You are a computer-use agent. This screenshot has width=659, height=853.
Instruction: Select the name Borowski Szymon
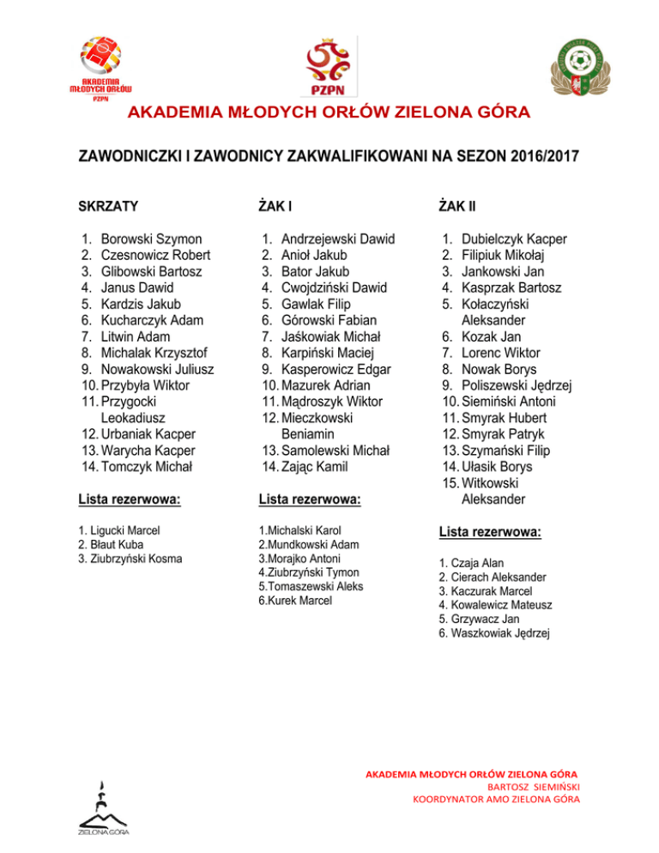152,239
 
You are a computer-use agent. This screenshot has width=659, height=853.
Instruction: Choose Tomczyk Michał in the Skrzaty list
147,467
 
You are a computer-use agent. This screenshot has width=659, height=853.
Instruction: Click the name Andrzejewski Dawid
337,239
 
